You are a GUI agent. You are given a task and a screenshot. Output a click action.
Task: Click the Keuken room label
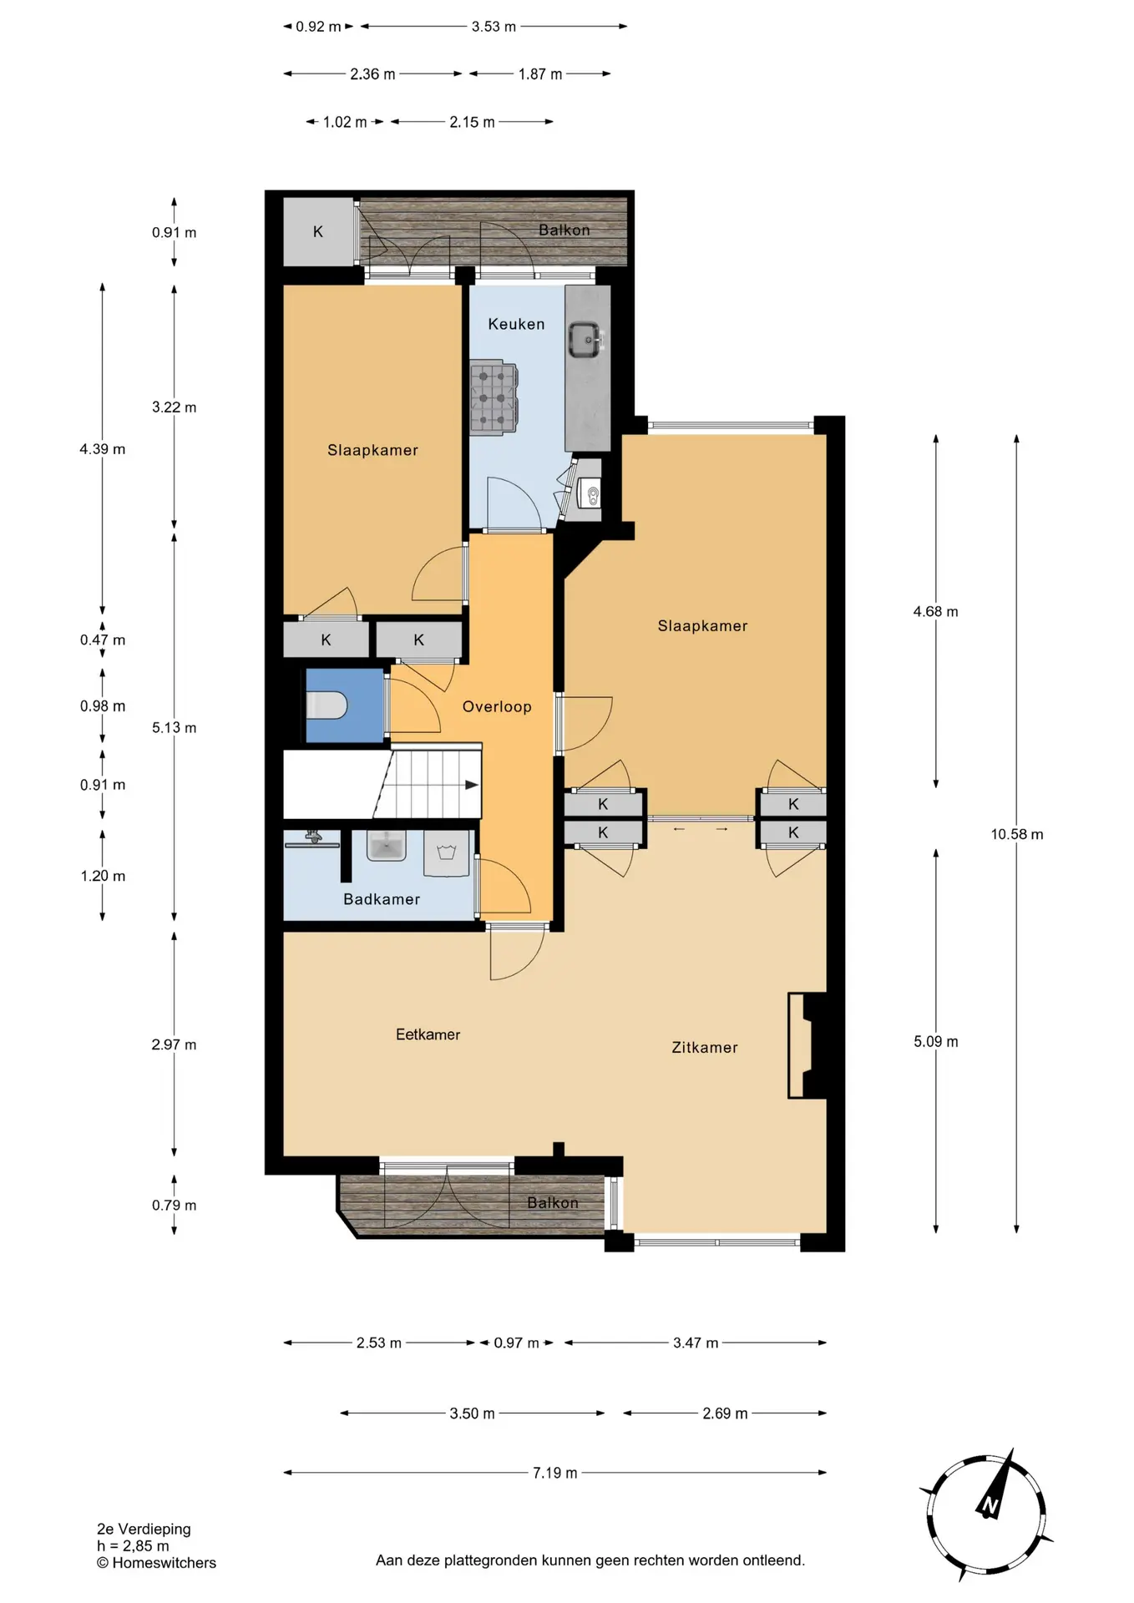click(x=516, y=324)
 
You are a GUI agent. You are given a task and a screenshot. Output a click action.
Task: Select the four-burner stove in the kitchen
click(x=494, y=397)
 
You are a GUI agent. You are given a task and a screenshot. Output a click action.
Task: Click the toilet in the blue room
click(x=327, y=705)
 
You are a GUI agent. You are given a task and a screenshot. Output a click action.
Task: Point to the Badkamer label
click(x=382, y=899)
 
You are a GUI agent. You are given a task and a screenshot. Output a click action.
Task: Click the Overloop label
click(x=497, y=706)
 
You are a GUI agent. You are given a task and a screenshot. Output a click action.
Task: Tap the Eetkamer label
click(x=428, y=1034)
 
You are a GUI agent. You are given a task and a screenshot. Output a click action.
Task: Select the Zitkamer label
click(x=705, y=1047)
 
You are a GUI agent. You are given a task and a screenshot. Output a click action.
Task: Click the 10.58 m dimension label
click(x=1016, y=834)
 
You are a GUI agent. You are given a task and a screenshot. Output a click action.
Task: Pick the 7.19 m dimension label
click(x=554, y=1473)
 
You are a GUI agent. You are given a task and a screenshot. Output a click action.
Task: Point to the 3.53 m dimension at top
click(x=494, y=27)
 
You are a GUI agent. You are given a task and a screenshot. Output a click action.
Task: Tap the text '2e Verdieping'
click(x=144, y=1529)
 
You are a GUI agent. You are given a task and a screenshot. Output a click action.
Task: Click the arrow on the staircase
click(x=471, y=785)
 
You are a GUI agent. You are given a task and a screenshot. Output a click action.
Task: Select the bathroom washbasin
click(x=386, y=845)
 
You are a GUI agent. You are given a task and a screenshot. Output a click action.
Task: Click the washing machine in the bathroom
click(x=447, y=853)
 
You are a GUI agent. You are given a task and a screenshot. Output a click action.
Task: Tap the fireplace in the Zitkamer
click(x=807, y=1045)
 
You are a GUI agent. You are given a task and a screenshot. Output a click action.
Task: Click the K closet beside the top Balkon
click(x=318, y=231)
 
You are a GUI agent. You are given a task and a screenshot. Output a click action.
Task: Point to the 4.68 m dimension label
click(x=935, y=611)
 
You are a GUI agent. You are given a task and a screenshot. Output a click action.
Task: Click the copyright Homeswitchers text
click(x=156, y=1563)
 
